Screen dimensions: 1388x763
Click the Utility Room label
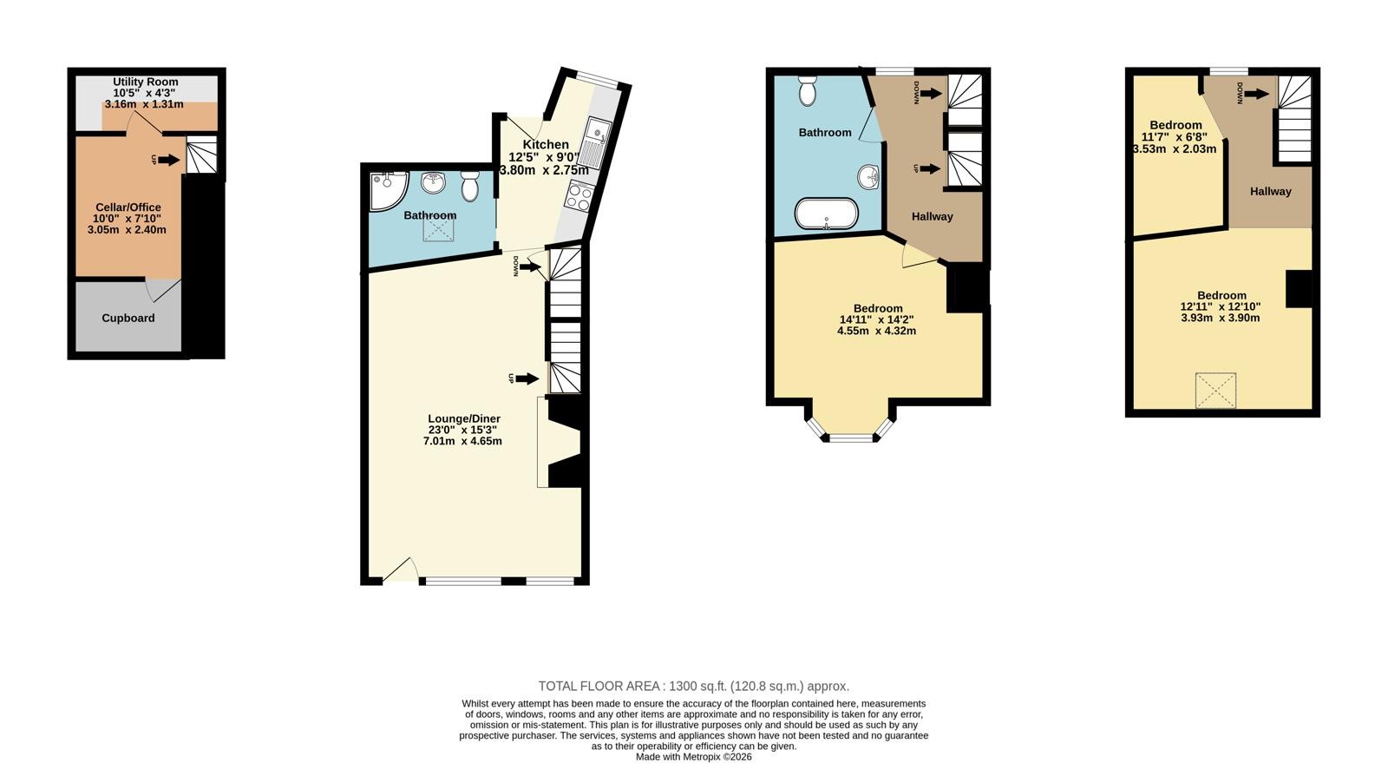tap(146, 82)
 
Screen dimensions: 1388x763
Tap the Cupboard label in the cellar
tap(128, 318)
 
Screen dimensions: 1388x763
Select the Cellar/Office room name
tap(128, 207)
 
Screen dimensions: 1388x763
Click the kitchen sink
tap(595, 143)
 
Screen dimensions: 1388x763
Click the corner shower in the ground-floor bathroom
tap(388, 191)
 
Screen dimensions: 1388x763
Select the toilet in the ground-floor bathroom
tap(470, 186)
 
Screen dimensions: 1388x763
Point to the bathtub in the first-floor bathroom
tap(827, 214)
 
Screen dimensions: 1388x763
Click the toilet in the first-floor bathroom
tap(808, 91)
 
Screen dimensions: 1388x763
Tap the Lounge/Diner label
tap(464, 419)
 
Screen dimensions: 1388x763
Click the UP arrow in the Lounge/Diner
tap(527, 378)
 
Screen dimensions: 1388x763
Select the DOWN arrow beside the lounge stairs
tap(530, 267)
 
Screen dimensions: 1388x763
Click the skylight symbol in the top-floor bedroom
tap(1215, 391)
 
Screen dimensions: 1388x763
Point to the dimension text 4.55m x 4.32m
tap(876, 331)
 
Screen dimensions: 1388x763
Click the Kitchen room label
tap(546, 144)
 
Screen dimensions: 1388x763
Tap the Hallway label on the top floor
tap(1270, 192)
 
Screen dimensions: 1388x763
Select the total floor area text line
tap(693, 686)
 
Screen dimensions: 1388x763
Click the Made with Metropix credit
tap(693, 757)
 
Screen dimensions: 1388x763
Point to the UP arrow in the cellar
tap(168, 161)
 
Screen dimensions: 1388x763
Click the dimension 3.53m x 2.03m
tap(1175, 148)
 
